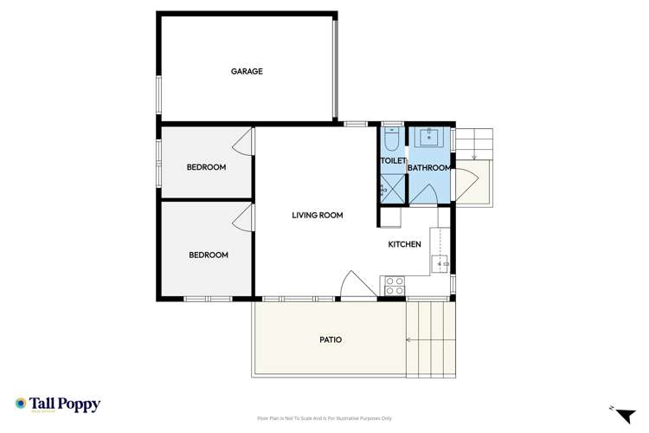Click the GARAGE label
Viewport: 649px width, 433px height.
pos(247,71)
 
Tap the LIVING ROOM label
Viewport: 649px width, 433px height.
pos(318,215)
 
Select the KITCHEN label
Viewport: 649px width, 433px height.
pos(404,244)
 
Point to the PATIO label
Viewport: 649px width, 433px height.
pos(331,339)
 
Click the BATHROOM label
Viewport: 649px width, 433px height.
pos(429,168)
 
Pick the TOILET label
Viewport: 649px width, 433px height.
pos(393,161)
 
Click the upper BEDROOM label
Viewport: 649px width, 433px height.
pos(206,167)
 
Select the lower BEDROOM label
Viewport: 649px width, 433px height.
pos(209,255)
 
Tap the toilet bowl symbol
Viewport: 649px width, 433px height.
pos(391,139)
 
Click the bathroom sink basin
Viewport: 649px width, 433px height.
pos(428,138)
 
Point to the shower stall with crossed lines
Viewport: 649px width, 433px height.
pos(391,187)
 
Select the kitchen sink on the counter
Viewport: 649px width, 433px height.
pos(441,261)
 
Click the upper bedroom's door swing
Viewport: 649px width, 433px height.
pos(245,142)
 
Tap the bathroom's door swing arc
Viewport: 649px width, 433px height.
pos(423,195)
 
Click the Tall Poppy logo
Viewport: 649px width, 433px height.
pos(58,404)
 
